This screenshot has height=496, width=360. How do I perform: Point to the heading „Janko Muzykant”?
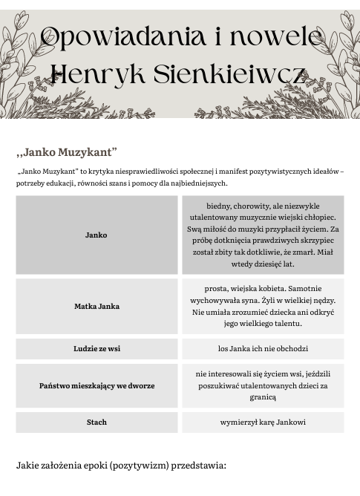[x=67, y=153]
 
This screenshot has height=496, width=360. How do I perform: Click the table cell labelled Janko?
[x=96, y=235]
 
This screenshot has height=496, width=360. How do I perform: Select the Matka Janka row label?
[x=96, y=306]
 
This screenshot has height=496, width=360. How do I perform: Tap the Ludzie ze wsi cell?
[x=96, y=348]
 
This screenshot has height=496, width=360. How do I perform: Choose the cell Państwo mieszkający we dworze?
[x=96, y=385]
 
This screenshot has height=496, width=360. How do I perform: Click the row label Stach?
[x=96, y=422]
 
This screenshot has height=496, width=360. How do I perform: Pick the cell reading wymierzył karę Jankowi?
[x=262, y=422]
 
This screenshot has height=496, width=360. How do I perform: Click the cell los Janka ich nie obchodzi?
[x=262, y=348]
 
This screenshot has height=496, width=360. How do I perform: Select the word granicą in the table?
[x=262, y=397]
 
